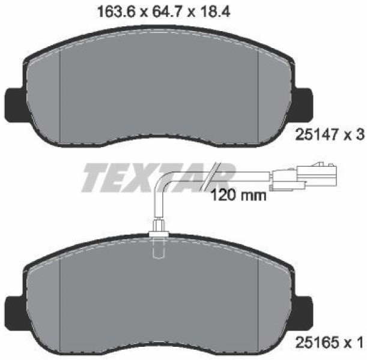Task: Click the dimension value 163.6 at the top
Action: (x=117, y=11)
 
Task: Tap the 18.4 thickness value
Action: (x=214, y=11)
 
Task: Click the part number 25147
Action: (x=317, y=135)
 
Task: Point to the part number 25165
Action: (x=317, y=343)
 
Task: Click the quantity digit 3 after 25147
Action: (x=361, y=135)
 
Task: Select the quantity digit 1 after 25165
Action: (x=360, y=343)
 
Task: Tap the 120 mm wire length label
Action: (x=238, y=195)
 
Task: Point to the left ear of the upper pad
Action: (x=14, y=105)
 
